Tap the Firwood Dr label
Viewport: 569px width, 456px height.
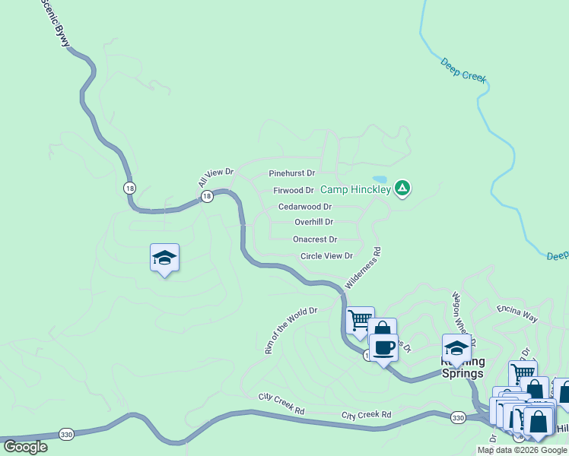(294, 190)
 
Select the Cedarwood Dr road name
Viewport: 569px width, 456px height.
(304, 206)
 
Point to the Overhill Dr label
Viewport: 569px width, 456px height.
(313, 222)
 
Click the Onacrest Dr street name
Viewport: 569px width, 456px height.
(314, 239)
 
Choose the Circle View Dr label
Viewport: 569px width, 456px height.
(326, 256)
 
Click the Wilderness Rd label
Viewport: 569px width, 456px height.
(363, 267)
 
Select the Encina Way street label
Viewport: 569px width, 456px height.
(517, 309)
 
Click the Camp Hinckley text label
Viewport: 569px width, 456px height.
(354, 189)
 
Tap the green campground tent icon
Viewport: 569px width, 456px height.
(402, 188)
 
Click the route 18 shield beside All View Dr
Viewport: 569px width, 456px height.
(206, 197)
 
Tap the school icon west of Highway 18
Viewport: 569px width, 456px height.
(164, 258)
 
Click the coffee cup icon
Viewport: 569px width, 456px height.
(383, 347)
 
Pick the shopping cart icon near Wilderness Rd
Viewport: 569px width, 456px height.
(360, 319)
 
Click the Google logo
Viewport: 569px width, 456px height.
(25, 447)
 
